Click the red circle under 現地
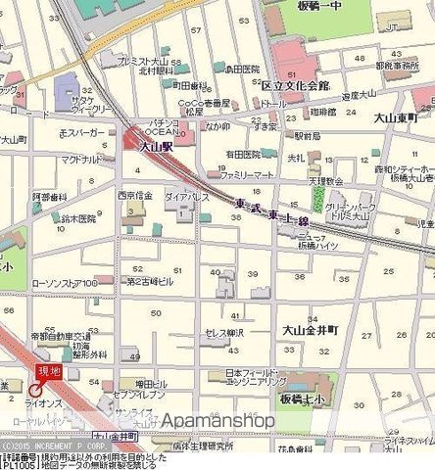[35, 389]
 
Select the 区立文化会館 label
[295, 86]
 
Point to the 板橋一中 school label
[320, 7]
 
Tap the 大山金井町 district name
[311, 331]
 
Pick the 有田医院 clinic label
[240, 154]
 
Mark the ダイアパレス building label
[186, 195]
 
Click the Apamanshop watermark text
[217, 420]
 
